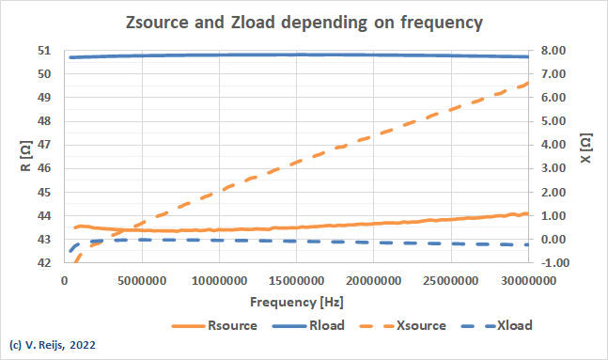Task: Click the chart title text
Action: [x=304, y=22]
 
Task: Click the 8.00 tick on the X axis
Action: [x=553, y=51]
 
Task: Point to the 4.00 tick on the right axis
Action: [x=553, y=145]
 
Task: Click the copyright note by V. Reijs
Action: [x=53, y=346]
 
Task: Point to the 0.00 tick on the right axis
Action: [x=553, y=240]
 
